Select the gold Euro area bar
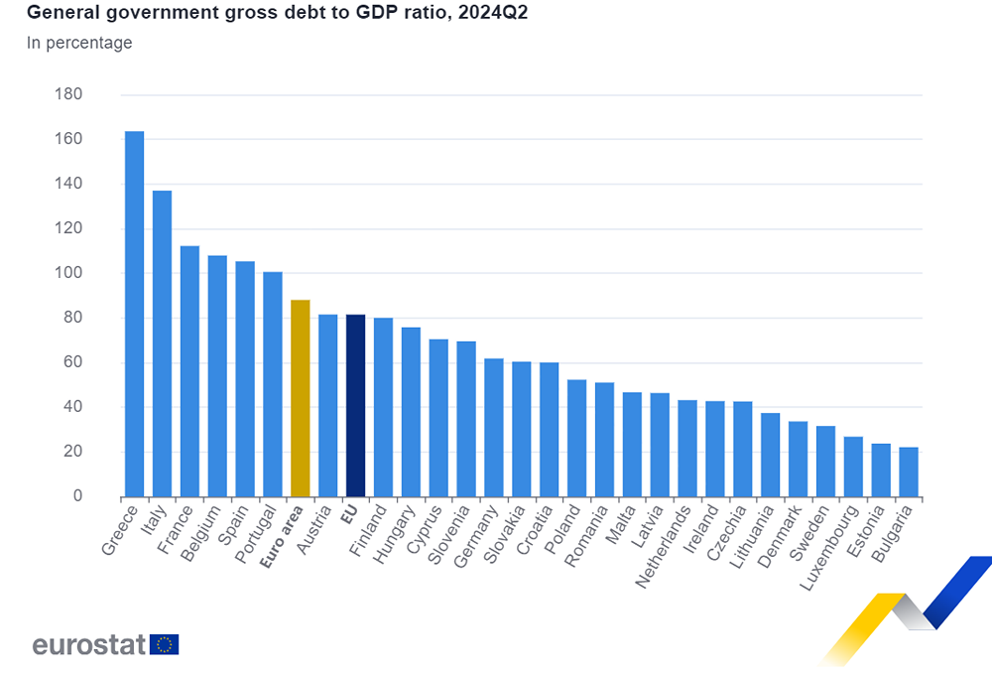tap(300, 398)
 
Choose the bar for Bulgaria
tap(909, 473)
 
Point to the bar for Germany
tap(493, 428)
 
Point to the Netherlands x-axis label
tap(660, 548)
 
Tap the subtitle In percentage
tap(78, 43)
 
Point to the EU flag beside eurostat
tap(165, 644)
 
